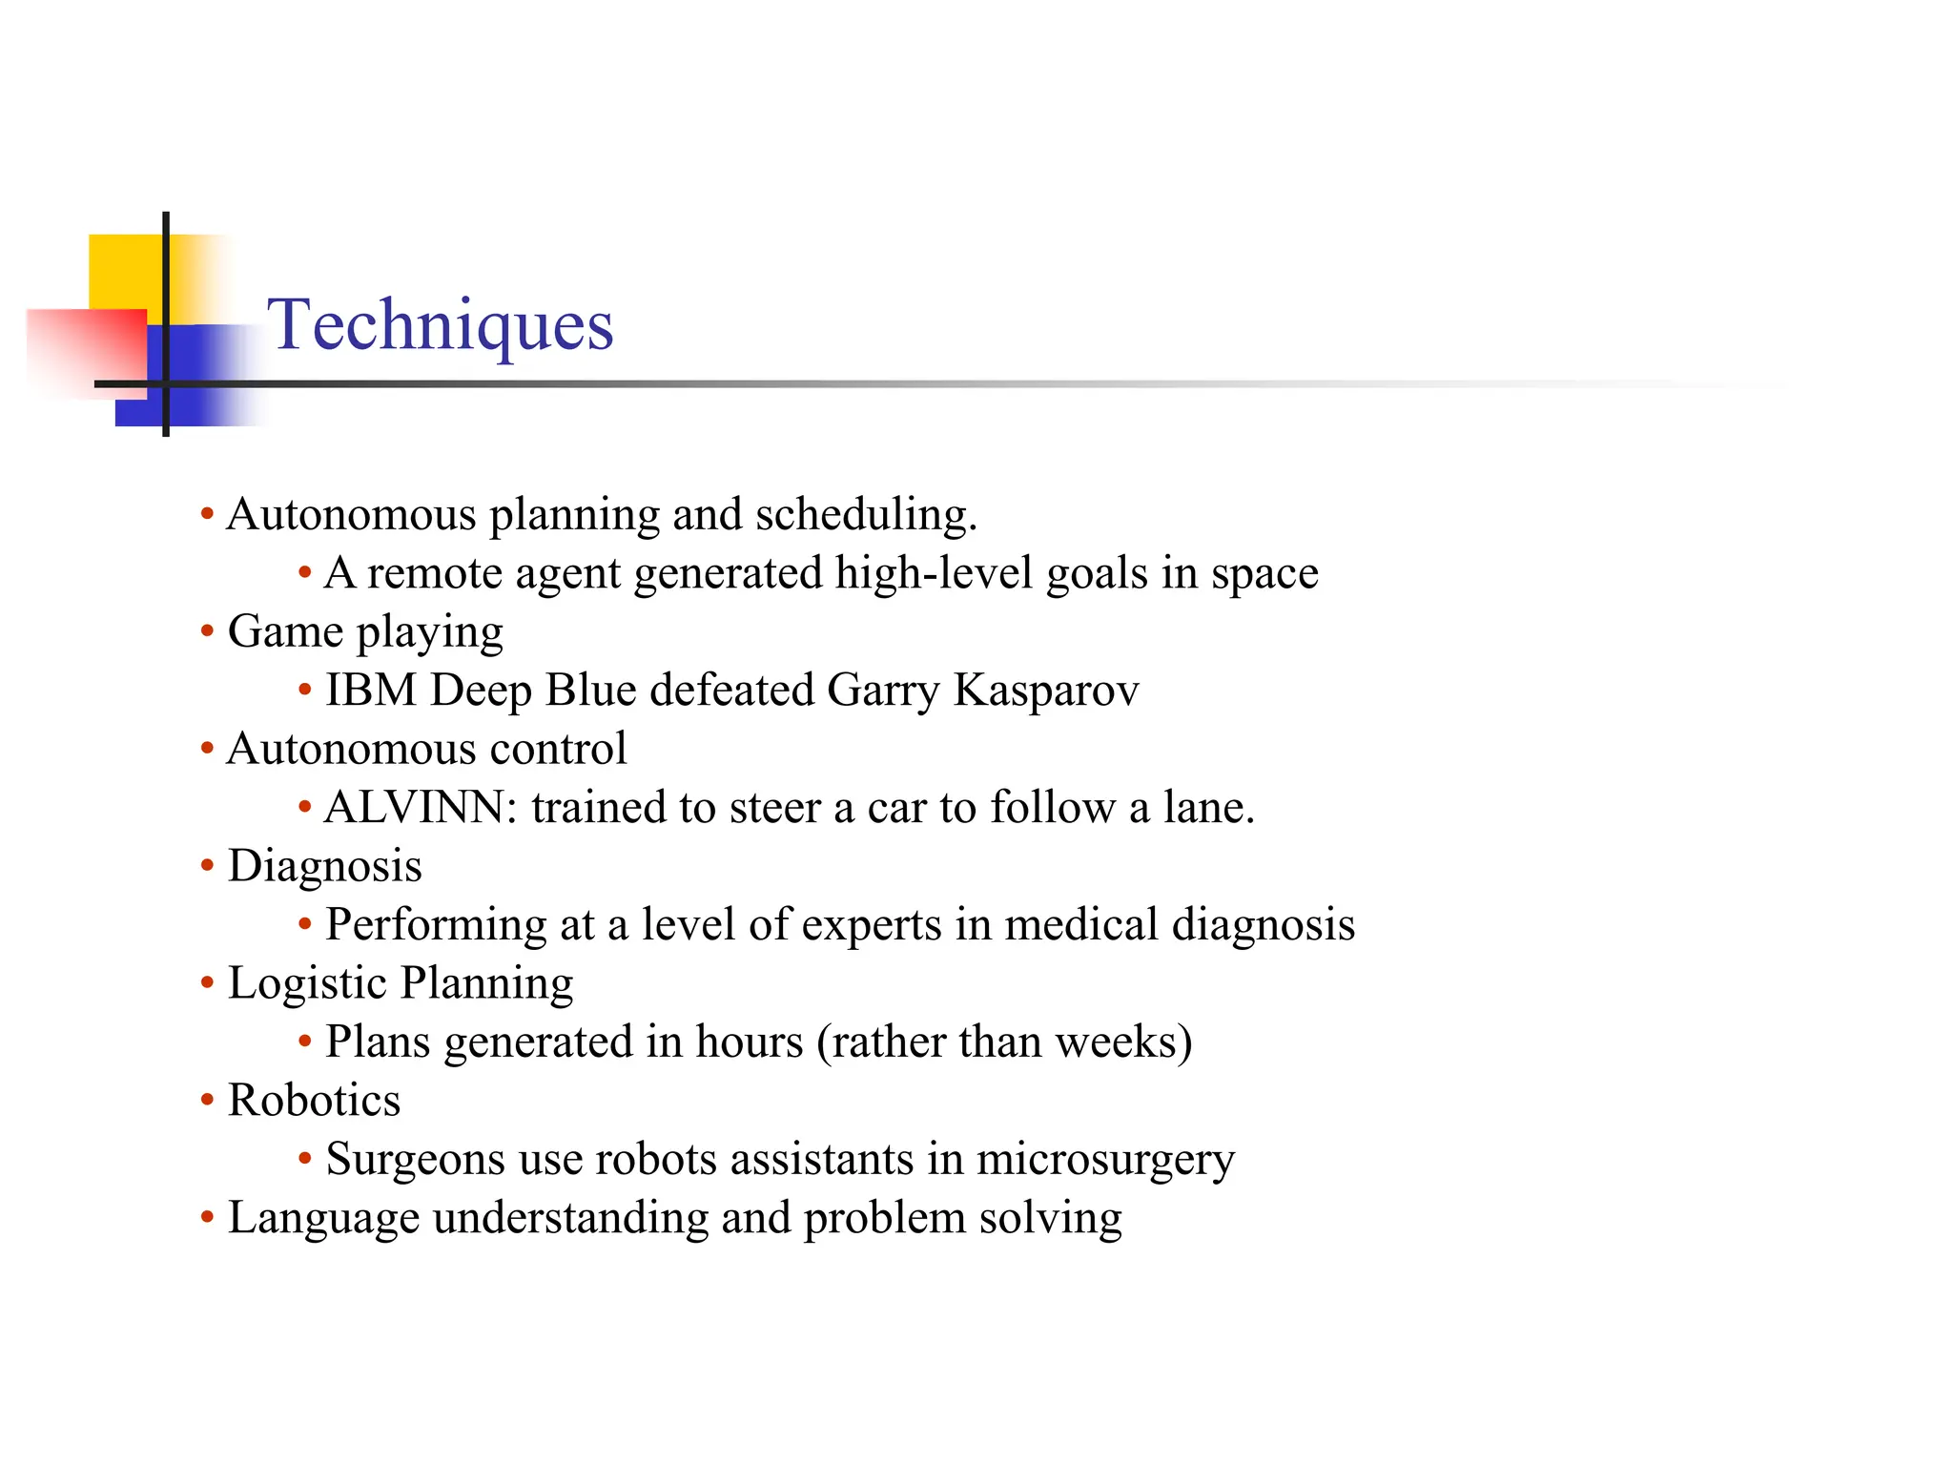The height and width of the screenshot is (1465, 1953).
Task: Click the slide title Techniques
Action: tap(440, 325)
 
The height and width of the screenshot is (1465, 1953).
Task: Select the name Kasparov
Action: tap(1046, 691)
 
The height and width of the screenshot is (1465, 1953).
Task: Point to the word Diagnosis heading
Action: tap(324, 867)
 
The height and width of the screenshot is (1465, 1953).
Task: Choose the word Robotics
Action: tap(314, 1101)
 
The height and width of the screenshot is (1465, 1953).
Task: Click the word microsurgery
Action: tap(1105, 1161)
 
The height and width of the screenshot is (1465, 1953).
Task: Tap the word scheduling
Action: tap(866, 515)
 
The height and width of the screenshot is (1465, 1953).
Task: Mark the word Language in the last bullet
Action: tap(323, 1219)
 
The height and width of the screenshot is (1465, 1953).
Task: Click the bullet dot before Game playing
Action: tap(207, 631)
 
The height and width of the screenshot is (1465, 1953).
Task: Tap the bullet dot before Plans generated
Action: tap(305, 1042)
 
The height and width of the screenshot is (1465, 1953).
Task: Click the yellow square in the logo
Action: tap(124, 271)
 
